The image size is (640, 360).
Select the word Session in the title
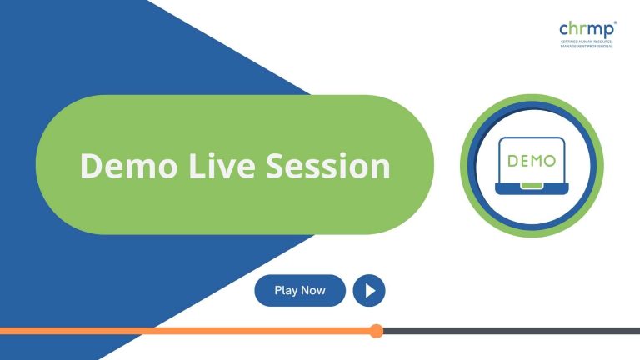click(x=328, y=166)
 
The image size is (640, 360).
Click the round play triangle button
click(x=369, y=291)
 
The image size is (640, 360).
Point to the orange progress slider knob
click(x=376, y=331)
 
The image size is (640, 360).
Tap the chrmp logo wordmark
click(x=587, y=30)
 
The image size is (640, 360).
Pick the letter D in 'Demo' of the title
click(x=90, y=166)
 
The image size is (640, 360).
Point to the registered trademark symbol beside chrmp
click(x=615, y=24)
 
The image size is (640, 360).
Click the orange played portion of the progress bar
click(x=183, y=331)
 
